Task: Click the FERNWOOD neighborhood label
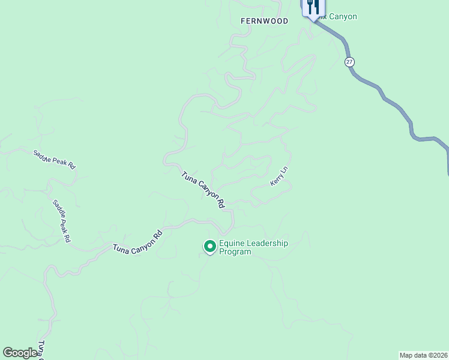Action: tap(264, 21)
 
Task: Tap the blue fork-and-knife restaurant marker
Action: tap(312, 8)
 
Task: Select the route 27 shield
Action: tap(350, 62)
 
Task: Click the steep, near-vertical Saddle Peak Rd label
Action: tap(62, 221)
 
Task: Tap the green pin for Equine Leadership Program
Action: tap(210, 246)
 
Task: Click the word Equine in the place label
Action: tap(232, 244)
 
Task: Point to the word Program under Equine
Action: tap(235, 252)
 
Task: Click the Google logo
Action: tap(20, 353)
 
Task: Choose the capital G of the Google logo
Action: tap(8, 353)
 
